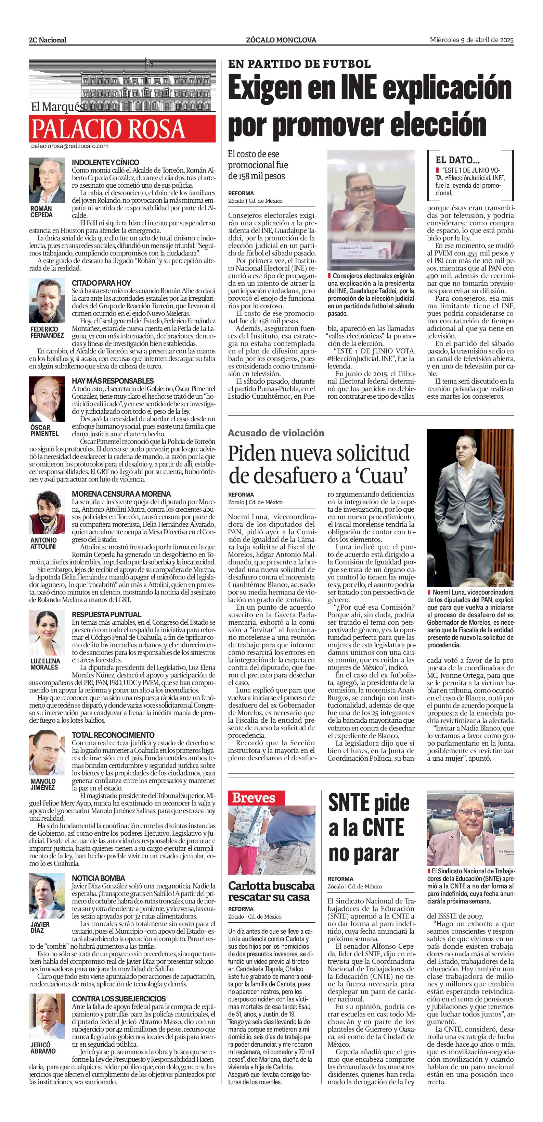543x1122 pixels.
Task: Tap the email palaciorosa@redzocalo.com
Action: click(x=69, y=146)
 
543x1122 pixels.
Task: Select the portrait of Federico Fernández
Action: click(x=47, y=301)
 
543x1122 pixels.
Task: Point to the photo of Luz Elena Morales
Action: click(x=47, y=633)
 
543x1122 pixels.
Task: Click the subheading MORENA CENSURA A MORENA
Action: click(x=121, y=494)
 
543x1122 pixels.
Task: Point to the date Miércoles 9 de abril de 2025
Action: click(x=471, y=40)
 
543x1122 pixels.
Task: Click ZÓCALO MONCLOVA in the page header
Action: click(x=281, y=40)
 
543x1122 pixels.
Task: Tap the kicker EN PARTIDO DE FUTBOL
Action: click(x=299, y=64)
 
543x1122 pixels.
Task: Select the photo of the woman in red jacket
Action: click(x=365, y=210)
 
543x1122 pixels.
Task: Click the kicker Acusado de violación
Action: click(x=276, y=433)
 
